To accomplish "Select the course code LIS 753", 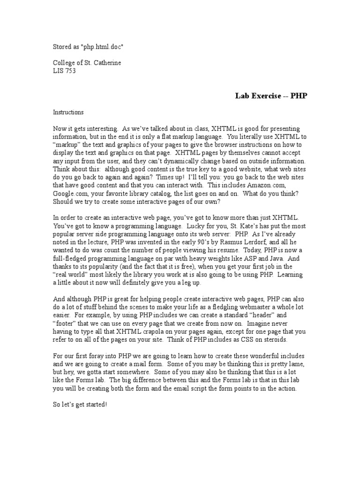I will click(64, 71).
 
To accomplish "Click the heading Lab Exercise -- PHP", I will click(271, 96).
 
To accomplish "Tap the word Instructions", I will click(68, 112).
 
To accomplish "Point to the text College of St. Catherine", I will click(87, 63).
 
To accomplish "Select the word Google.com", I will click(70, 193).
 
